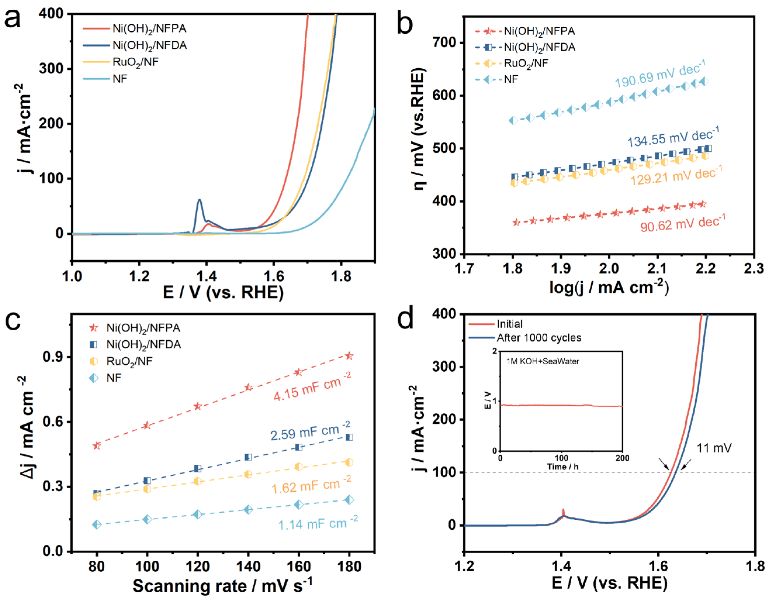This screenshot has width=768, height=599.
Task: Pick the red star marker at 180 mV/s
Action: [349, 356]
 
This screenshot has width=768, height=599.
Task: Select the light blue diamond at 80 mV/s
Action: [97, 525]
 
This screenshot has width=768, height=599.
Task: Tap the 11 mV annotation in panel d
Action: [714, 448]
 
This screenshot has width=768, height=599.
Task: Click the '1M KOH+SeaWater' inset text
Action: [543, 361]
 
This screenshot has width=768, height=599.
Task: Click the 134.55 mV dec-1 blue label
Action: [673, 137]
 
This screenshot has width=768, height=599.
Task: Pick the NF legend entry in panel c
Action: [114, 378]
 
